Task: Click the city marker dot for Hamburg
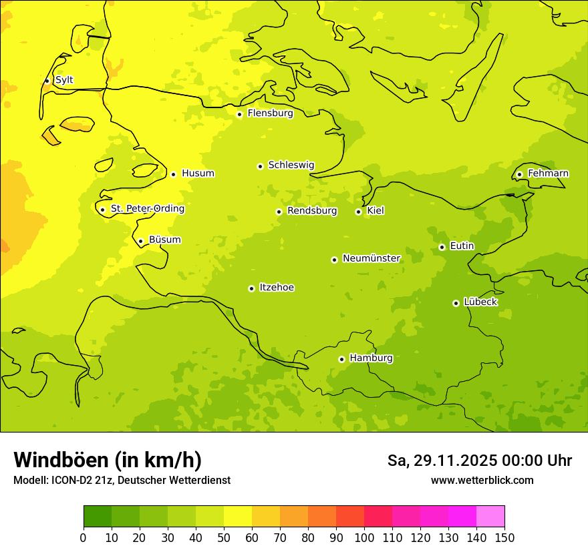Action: tap(341, 359)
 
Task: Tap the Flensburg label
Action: tap(270, 113)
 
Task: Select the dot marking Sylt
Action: tap(47, 81)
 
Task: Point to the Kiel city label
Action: tap(375, 211)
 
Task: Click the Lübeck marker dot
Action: tap(456, 303)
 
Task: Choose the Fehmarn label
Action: tap(548, 174)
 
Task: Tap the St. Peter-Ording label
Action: tap(147, 209)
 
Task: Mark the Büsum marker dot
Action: tap(140, 241)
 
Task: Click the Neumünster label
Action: tap(371, 258)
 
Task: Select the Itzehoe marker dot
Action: tap(251, 288)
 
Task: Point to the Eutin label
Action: tap(462, 246)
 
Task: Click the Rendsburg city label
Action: tap(311, 211)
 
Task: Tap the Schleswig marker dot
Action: tap(260, 166)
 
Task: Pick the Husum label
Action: tap(198, 174)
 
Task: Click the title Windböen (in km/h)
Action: tap(108, 460)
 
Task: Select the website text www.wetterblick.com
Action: tap(482, 481)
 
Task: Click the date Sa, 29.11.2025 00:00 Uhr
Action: tap(479, 461)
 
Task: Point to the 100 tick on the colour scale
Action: tap(364, 537)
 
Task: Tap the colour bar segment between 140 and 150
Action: tap(490, 517)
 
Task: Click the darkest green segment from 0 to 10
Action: tap(98, 517)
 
